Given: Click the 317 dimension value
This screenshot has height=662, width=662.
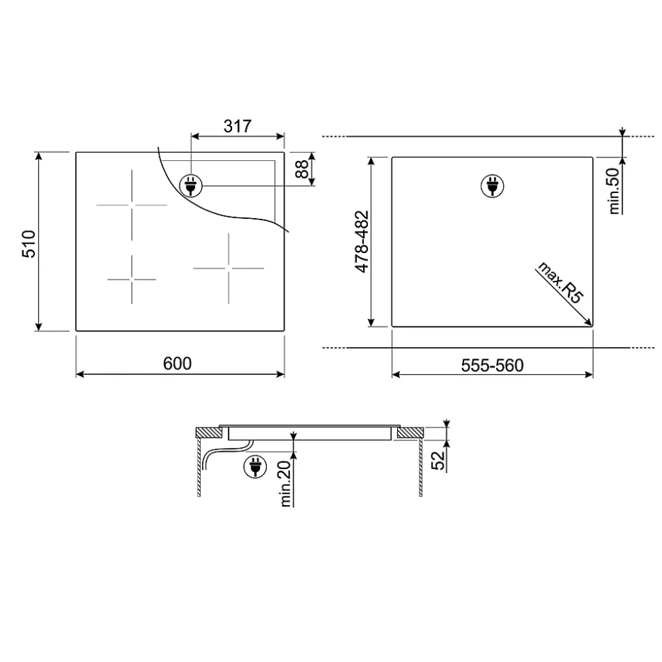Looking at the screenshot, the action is (x=238, y=126).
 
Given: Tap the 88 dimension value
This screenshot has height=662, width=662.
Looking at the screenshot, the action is (x=302, y=169).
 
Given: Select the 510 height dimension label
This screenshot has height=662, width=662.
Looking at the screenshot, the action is (x=29, y=244).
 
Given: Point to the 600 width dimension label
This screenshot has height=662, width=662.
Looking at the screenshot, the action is (x=177, y=363).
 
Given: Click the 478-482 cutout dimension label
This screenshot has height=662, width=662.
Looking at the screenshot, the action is (x=362, y=241).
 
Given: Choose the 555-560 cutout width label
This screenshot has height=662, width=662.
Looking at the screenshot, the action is (x=493, y=365).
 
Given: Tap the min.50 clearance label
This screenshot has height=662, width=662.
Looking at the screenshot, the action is (x=614, y=191).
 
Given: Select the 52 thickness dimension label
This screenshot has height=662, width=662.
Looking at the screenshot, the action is (x=438, y=460).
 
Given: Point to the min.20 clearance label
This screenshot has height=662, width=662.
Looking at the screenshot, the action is (x=286, y=483).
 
